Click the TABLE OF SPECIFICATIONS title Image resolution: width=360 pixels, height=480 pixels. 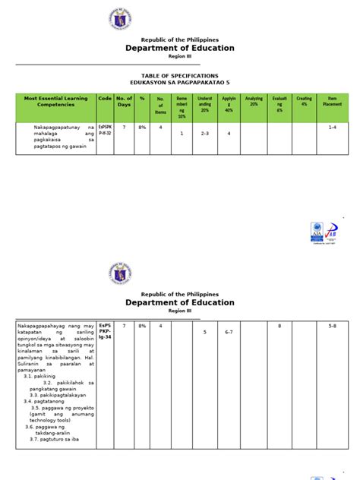[180, 76]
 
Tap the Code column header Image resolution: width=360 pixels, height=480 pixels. [104, 99]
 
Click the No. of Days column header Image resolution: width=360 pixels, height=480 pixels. [124, 102]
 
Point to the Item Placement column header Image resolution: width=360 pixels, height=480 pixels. [331, 102]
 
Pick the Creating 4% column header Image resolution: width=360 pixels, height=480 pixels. [304, 102]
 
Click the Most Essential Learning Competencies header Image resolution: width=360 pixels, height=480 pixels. [55, 102]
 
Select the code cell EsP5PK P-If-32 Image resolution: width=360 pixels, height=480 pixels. [104, 130]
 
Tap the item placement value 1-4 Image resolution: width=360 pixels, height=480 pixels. [332, 128]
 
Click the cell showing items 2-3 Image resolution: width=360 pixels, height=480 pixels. [204, 134]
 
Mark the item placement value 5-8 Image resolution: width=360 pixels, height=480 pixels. [332, 326]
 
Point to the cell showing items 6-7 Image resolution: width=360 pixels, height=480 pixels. [229, 332]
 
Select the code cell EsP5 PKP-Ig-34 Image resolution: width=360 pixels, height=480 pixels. [104, 332]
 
